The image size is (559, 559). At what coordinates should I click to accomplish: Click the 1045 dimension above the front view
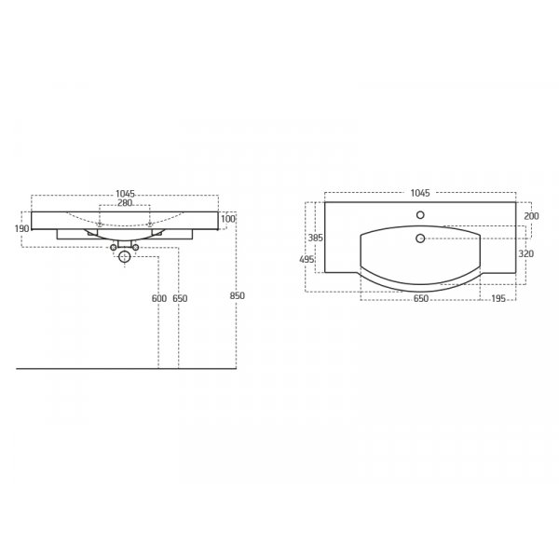coord(125,194)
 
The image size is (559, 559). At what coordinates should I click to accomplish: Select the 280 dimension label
coord(125,203)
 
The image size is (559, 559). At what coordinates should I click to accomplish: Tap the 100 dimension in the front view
coord(228,219)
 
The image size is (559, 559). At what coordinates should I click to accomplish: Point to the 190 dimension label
coord(21,228)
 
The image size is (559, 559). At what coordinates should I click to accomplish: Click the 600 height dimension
coord(159,298)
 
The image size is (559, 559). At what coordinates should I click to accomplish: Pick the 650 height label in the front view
coord(180,298)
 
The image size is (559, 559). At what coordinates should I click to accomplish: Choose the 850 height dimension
coord(237,295)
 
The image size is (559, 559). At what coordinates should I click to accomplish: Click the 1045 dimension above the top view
coord(420,193)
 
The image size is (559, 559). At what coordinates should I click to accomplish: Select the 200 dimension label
coord(531,216)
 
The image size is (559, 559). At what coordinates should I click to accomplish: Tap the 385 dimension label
coord(316,238)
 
